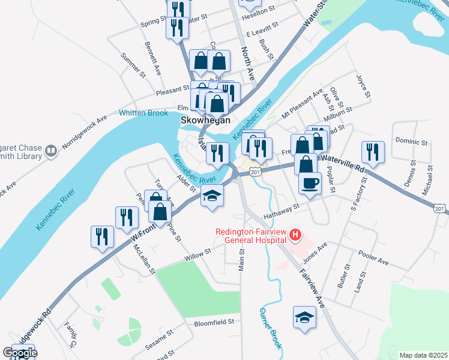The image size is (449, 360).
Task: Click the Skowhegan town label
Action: click(x=206, y=120)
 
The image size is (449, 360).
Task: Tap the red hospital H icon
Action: click(x=295, y=234)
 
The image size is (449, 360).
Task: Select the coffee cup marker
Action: click(x=309, y=183)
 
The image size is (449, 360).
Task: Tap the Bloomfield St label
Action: click(x=213, y=322)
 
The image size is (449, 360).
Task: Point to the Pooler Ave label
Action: click(x=374, y=257)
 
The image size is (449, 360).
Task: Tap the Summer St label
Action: click(x=133, y=65)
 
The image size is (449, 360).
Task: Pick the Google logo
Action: click(x=19, y=353)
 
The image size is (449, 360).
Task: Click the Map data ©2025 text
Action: click(x=423, y=355)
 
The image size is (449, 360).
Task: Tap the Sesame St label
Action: click(x=159, y=340)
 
